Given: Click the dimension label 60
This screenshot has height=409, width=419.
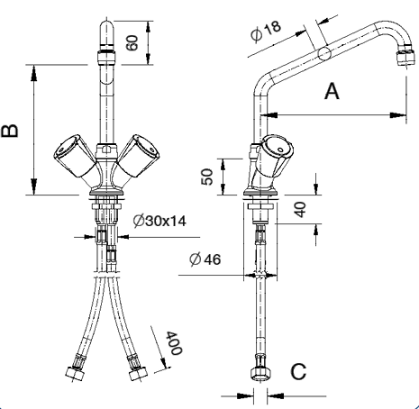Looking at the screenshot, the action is (x=132, y=42).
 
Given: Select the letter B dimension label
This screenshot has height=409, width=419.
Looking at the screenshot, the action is (x=10, y=131).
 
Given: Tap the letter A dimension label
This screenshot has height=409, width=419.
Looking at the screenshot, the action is (x=332, y=91).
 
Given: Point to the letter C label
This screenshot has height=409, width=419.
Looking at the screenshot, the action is (x=298, y=371).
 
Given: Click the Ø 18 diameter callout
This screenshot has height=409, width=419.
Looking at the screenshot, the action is (x=266, y=31).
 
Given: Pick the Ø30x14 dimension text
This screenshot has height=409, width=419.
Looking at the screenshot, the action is (x=159, y=222).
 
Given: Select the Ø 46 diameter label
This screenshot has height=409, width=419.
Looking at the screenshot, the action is (x=205, y=259).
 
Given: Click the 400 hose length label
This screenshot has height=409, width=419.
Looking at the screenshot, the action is (x=174, y=343).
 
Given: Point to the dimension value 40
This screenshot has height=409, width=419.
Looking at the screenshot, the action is (x=300, y=209).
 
